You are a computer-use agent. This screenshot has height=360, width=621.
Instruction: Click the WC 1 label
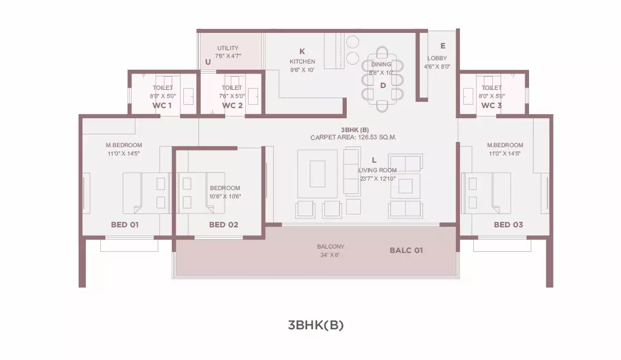pyautogui.click(x=162, y=105)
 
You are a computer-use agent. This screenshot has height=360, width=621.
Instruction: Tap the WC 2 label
pyautogui.click(x=232, y=105)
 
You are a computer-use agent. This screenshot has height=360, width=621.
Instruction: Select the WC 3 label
pyautogui.click(x=492, y=105)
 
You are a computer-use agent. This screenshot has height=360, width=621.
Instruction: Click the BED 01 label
pyautogui.click(x=125, y=225)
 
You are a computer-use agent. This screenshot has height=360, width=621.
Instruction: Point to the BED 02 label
pyautogui.click(x=224, y=225)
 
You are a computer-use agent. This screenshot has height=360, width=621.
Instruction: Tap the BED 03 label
pyautogui.click(x=508, y=225)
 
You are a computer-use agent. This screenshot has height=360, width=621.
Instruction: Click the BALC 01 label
pyautogui.click(x=406, y=250)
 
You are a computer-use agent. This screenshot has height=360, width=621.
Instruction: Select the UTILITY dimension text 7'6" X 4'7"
pyautogui.click(x=228, y=56)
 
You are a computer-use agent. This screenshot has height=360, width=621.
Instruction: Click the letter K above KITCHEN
pyautogui.click(x=302, y=51)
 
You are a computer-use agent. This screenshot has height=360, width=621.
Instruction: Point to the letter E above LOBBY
pyautogui.click(x=443, y=46)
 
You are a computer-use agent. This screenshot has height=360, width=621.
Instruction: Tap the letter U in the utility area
pyautogui.click(x=208, y=62)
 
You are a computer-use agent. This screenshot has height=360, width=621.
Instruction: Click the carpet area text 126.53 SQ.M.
pyautogui.click(x=377, y=138)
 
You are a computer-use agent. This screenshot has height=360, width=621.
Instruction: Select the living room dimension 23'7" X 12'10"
pyautogui.click(x=377, y=179)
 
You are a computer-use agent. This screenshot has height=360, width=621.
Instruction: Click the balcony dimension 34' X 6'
pyautogui.click(x=330, y=255)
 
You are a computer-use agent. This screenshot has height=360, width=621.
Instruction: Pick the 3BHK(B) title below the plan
pyautogui.click(x=316, y=325)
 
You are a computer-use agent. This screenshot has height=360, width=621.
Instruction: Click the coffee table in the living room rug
pyautogui.click(x=317, y=173)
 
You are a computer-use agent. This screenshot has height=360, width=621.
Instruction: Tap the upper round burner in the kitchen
pyautogui.click(x=352, y=42)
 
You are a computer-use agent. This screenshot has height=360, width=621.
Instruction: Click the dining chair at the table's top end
pyautogui.click(x=382, y=52)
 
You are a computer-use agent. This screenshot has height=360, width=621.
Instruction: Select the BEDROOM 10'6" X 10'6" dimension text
pyautogui.click(x=225, y=192)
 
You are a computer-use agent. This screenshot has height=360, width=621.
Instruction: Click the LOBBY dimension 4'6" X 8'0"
pyautogui.click(x=437, y=66)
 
